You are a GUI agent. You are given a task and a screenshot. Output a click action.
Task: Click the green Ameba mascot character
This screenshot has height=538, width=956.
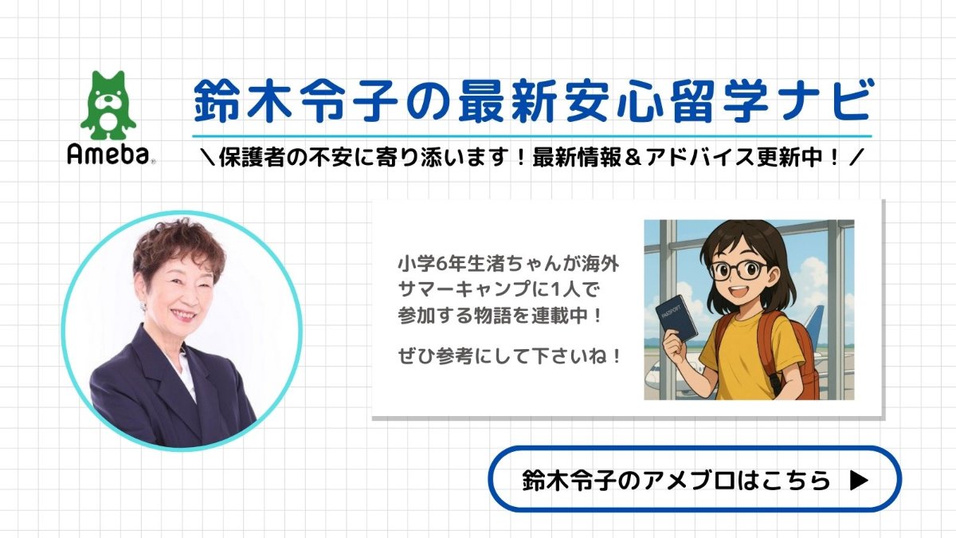coord(108,105)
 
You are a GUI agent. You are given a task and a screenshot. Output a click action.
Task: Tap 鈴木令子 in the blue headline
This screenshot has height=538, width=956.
coord(296,102)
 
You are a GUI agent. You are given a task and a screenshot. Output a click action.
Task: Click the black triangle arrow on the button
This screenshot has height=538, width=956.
coord(859,480)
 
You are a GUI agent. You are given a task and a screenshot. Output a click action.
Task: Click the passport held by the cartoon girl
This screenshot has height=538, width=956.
coord(676,319)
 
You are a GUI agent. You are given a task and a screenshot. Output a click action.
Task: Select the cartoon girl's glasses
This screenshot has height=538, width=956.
coord(739,270)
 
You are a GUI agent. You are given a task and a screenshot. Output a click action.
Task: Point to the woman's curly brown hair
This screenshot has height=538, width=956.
coord(179,248)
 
